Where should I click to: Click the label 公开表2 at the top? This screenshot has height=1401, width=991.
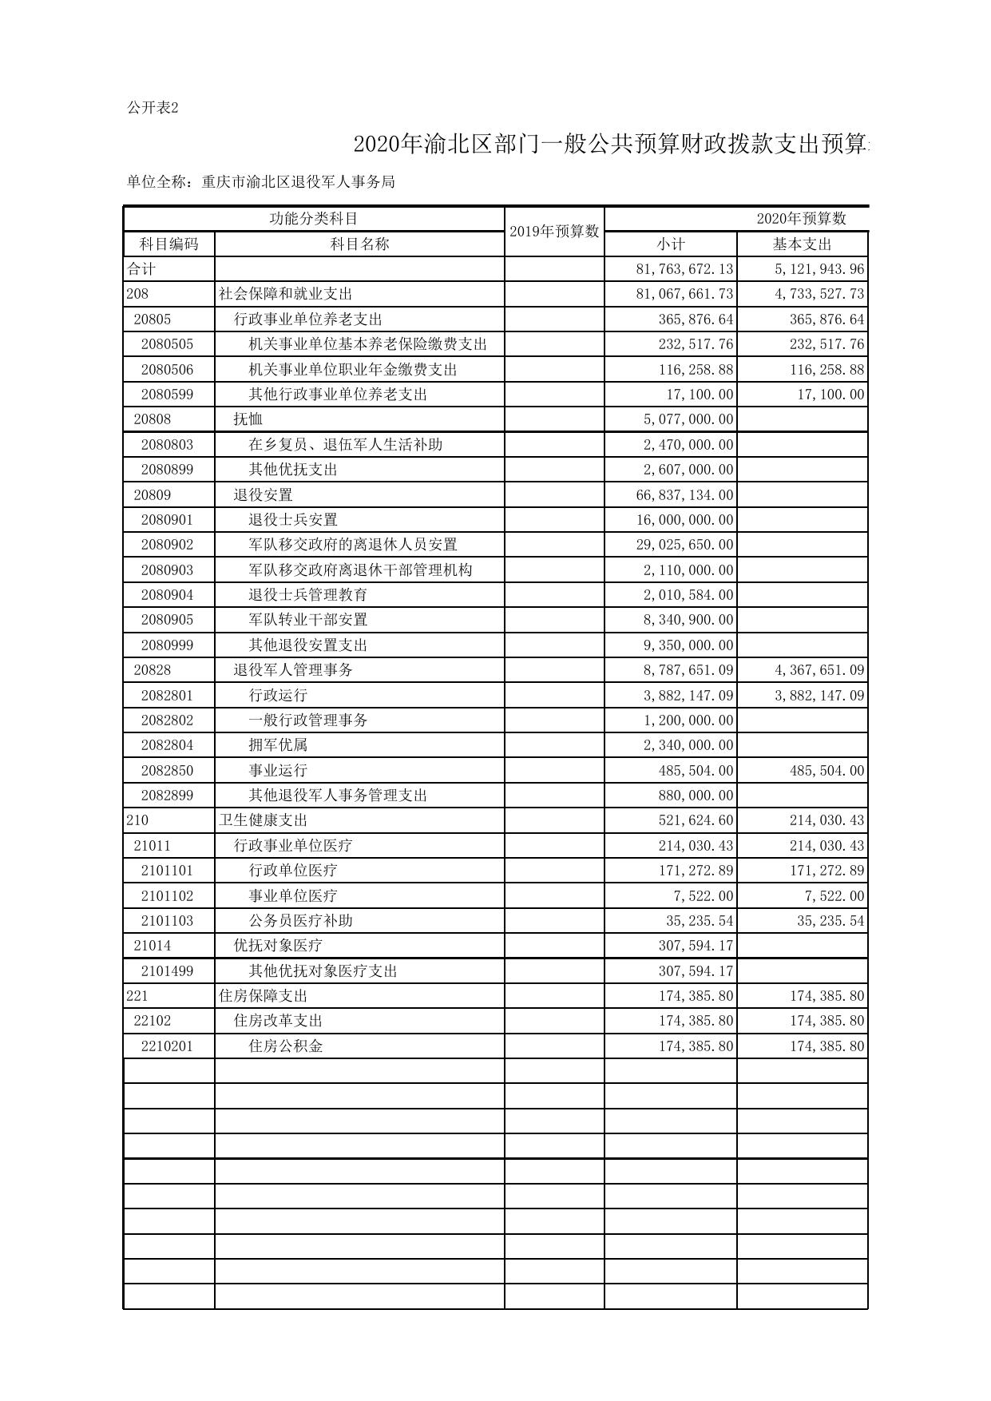(153, 108)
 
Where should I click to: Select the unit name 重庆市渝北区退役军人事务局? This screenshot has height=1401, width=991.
(298, 182)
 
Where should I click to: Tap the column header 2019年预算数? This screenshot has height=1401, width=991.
(554, 231)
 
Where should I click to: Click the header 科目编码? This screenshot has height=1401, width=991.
(168, 244)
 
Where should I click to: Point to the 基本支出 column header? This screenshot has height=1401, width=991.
(802, 244)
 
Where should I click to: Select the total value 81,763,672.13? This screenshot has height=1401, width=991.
(684, 269)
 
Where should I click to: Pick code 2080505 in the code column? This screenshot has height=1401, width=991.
(167, 344)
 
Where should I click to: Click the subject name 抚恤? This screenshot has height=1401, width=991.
(248, 419)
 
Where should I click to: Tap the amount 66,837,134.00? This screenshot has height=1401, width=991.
(684, 494)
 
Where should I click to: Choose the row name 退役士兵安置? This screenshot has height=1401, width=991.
(293, 520)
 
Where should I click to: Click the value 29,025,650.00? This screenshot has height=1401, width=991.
(684, 545)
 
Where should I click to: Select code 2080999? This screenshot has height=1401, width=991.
(167, 645)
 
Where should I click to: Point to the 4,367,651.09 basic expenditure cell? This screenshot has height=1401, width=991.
(819, 670)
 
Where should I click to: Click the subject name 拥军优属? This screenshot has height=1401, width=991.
(278, 745)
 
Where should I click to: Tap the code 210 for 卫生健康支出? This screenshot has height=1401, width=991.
(137, 820)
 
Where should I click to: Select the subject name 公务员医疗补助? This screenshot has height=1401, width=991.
(300, 920)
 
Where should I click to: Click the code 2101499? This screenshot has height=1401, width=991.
(167, 970)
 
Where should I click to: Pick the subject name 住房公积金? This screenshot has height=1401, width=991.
(285, 1046)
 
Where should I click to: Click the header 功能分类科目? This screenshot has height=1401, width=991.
(313, 218)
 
